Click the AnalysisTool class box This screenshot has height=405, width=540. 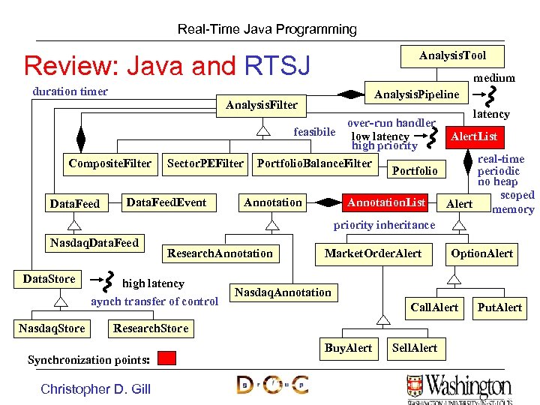click(452, 55)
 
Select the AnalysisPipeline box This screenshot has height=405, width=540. click(416, 94)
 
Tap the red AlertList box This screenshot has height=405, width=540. click(473, 136)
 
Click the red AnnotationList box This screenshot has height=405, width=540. click(386, 202)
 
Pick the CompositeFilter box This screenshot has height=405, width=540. click(109, 163)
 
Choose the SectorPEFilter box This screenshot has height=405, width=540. click(205, 163)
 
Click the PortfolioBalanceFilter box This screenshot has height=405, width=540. click(314, 163)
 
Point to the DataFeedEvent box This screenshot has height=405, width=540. click(166, 202)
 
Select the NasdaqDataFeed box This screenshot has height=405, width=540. click(94, 242)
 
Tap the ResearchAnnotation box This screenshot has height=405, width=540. click(220, 253)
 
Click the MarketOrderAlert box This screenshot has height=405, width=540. click(373, 253)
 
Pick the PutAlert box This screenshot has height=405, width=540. click(499, 307)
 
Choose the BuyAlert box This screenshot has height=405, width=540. click(348, 348)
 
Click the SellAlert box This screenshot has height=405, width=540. click(415, 348)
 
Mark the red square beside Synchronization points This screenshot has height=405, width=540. click(166, 358)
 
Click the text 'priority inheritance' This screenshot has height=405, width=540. click(384, 225)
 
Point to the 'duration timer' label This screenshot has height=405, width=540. click(70, 91)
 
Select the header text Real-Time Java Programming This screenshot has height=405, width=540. click(267, 29)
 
